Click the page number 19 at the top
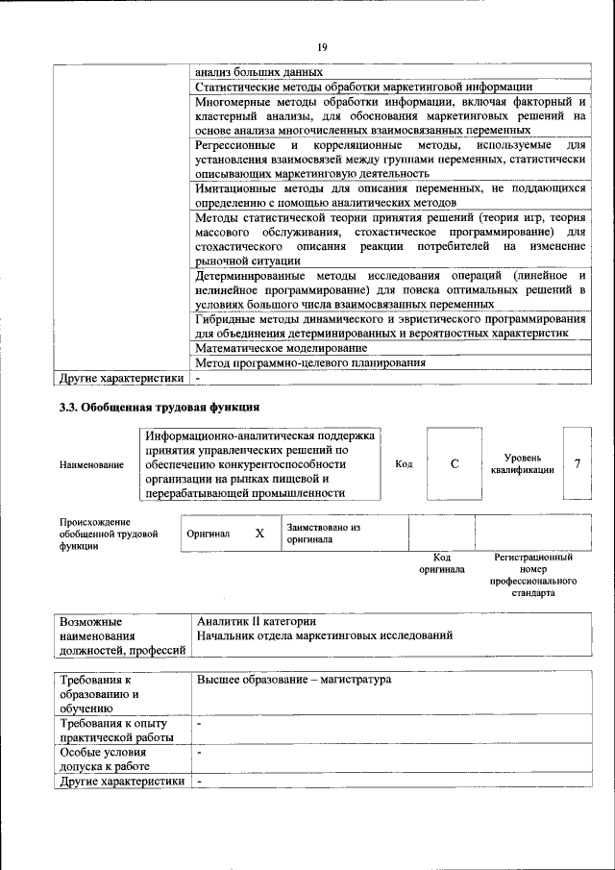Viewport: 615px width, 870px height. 322,46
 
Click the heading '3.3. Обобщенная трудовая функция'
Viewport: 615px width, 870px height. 160,407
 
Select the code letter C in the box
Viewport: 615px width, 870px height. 454,464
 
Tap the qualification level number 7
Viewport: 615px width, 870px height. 577,464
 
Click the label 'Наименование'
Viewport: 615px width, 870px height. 91,465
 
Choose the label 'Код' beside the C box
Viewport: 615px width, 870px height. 404,464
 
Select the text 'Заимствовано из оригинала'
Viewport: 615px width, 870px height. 322,534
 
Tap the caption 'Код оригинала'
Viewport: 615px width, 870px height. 442,563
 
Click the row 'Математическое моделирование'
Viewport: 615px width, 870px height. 281,347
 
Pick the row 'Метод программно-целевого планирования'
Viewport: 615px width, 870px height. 310,362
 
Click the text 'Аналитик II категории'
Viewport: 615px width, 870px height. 256,620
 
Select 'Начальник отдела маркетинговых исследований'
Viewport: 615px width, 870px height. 324,635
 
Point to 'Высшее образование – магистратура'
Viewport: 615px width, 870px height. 294,680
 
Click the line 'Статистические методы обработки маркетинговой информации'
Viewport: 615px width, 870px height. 363,87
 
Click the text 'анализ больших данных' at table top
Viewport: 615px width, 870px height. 258,72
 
